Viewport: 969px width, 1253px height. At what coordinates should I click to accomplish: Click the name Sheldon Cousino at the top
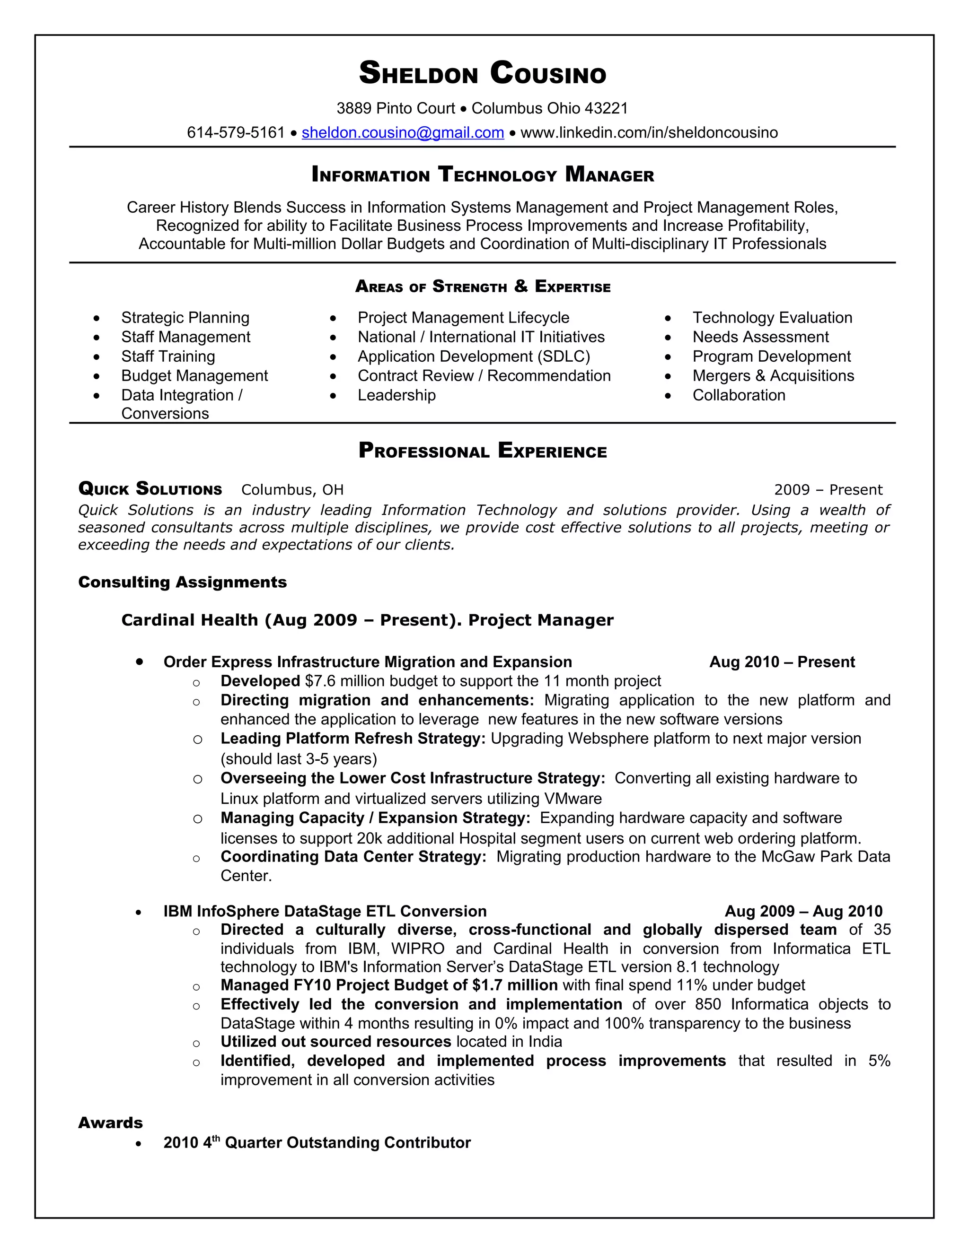482,73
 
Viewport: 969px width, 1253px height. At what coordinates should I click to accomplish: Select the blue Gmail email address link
403,132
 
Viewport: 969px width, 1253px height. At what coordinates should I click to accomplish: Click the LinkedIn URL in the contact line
649,132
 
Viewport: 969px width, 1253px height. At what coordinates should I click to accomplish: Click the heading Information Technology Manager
482,174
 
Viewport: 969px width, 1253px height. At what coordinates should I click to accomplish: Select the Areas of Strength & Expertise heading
482,286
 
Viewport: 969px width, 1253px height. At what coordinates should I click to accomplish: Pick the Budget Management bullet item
194,376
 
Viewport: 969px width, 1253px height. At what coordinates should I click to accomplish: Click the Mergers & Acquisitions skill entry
773,376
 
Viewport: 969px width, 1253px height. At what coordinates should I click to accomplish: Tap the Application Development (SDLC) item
474,357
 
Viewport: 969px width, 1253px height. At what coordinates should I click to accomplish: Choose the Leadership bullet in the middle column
396,395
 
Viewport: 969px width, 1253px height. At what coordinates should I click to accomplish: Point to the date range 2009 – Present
828,489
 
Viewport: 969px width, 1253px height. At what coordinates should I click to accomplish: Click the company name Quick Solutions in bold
150,489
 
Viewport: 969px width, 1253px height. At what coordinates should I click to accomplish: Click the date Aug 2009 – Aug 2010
803,911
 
